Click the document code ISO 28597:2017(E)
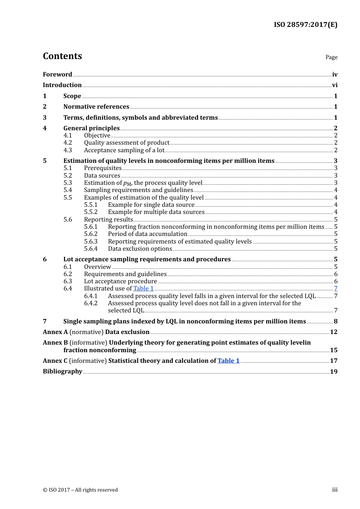click(305, 25)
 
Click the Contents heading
click(62, 56)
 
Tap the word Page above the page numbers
click(331, 57)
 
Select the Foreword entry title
click(57, 74)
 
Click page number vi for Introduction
click(335, 85)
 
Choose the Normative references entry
click(96, 107)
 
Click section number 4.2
click(68, 143)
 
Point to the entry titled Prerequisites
click(103, 168)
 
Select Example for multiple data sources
click(156, 212)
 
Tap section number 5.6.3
click(91, 242)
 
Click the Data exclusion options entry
click(140, 249)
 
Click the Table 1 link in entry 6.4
click(143, 289)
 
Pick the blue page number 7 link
click(335, 289)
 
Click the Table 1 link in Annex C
click(229, 361)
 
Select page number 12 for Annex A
click(333, 332)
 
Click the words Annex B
click(55, 343)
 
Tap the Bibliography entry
click(63, 372)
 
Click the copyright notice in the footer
click(80, 490)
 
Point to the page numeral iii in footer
click(335, 490)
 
